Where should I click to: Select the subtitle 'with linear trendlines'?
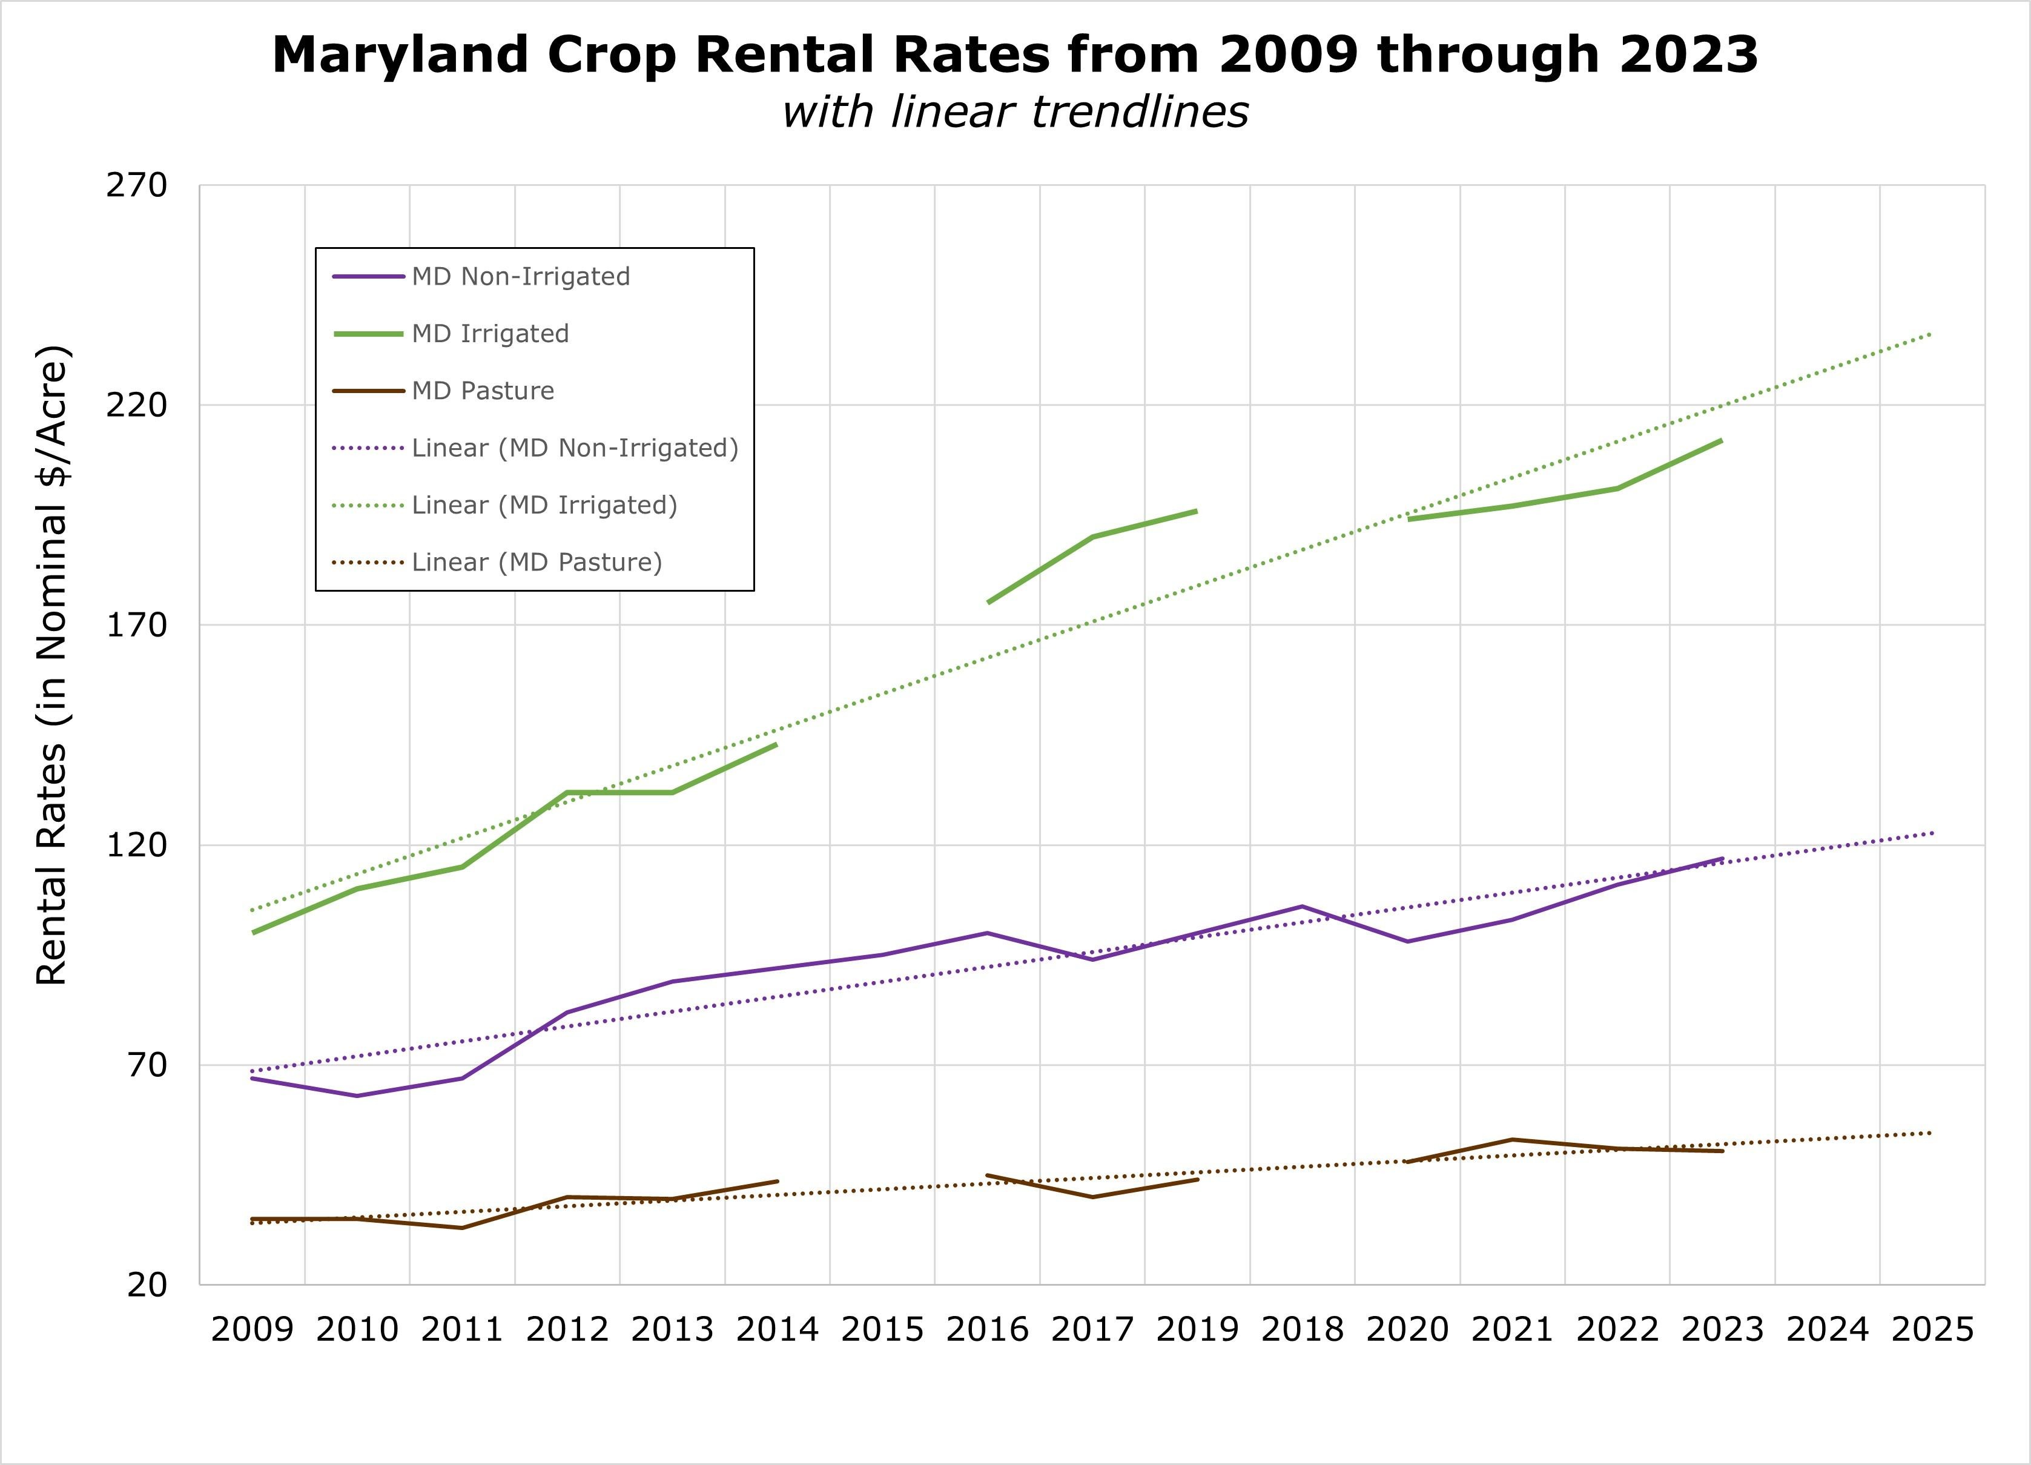coord(1015,113)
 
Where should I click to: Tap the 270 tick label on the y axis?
coord(137,185)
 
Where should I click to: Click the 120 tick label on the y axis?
coord(137,844)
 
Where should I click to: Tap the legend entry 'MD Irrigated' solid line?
coord(490,334)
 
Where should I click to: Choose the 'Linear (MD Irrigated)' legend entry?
coord(544,505)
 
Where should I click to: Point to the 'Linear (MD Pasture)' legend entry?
coord(537,563)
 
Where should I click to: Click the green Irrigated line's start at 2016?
coord(988,603)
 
